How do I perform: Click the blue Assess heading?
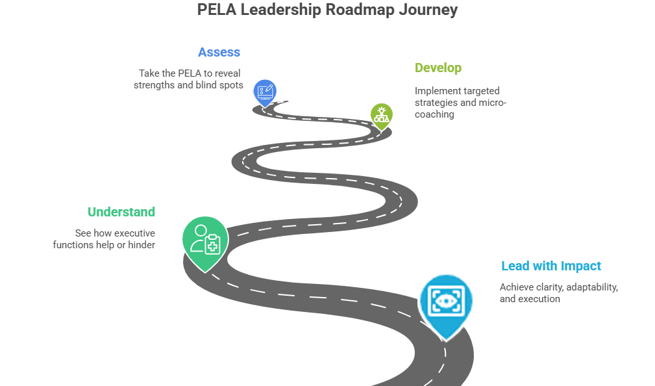click(219, 53)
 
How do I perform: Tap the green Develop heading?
click(438, 68)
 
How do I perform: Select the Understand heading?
click(121, 212)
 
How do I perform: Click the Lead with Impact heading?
click(551, 266)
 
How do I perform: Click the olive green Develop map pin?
click(382, 115)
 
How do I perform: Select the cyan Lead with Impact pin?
click(446, 301)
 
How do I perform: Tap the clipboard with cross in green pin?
click(212, 245)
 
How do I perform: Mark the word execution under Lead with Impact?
click(539, 299)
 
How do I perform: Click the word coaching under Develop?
click(435, 114)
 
